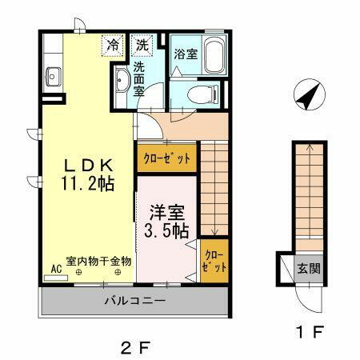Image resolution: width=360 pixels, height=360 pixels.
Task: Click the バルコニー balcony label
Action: pyautogui.click(x=134, y=302)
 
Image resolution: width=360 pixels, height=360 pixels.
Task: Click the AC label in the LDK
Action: pyautogui.click(x=57, y=270)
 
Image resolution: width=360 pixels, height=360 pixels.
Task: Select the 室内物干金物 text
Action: pyautogui.click(x=98, y=260)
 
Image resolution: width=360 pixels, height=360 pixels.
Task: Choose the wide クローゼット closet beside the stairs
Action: pyautogui.click(x=167, y=158)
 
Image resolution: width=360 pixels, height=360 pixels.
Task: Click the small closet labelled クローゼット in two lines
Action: pyautogui.click(x=214, y=261)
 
